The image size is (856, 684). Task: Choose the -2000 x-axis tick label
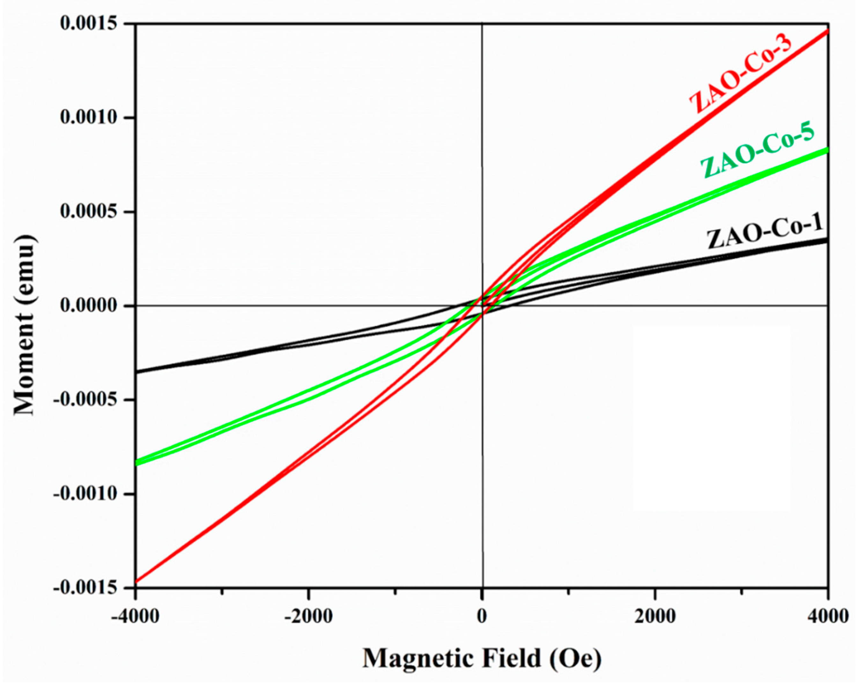click(x=308, y=617)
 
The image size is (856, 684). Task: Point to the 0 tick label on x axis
click(x=482, y=617)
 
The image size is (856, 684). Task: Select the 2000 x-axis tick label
click(x=655, y=617)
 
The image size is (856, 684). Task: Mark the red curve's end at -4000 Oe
click(x=136, y=582)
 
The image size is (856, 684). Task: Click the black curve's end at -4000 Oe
click(x=136, y=372)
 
